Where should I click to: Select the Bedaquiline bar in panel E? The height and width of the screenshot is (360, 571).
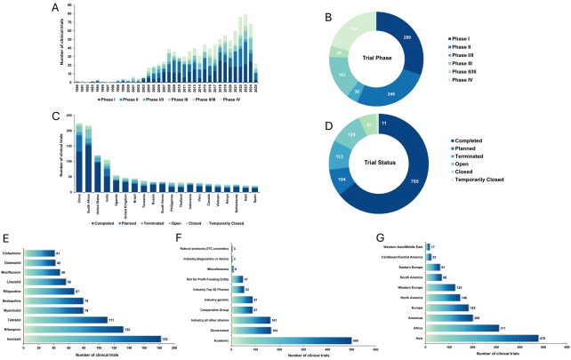coord(68,300)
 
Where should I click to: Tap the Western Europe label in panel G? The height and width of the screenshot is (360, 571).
coord(409,288)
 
